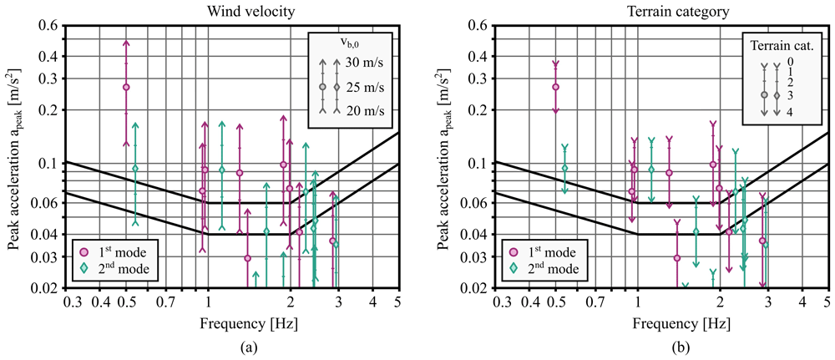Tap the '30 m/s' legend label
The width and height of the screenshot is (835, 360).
pos(364,63)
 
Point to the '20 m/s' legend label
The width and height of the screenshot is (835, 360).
pos(364,111)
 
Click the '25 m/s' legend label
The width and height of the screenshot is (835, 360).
pos(364,87)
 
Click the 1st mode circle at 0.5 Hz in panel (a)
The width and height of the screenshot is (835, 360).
pos(126,87)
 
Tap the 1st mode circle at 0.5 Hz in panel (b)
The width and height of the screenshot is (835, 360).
pos(555,87)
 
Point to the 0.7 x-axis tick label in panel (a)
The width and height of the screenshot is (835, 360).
pos(166,302)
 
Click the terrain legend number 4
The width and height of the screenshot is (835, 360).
pos(789,113)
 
